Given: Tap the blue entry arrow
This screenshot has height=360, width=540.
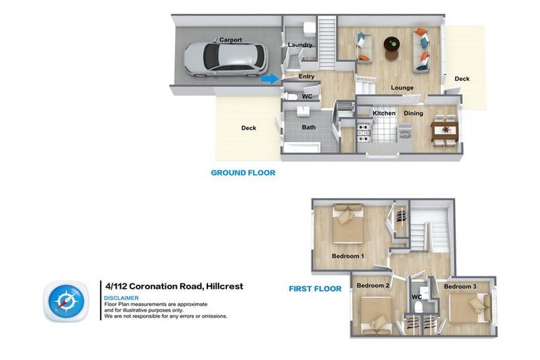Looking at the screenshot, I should [269, 79].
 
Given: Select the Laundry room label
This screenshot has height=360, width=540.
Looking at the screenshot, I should [300, 46].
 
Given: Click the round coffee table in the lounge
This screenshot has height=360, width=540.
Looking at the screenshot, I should [392, 45].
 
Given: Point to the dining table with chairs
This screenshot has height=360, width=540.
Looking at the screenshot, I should [444, 128].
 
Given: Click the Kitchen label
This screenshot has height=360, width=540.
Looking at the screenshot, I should [384, 113].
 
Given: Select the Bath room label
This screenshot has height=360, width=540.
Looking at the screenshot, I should [309, 127].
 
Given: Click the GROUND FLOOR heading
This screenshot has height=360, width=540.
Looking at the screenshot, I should [243, 172].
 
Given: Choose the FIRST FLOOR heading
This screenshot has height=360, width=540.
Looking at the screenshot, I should [315, 289].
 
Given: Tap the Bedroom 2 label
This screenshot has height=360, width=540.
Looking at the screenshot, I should [373, 286].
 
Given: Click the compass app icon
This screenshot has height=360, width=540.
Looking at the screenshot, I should [66, 301].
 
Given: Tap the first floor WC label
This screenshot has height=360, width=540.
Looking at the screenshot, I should [416, 297].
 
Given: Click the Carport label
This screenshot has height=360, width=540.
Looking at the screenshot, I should [231, 40].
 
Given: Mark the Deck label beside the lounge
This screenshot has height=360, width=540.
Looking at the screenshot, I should [461, 79].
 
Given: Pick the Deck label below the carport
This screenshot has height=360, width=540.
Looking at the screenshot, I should [249, 128].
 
